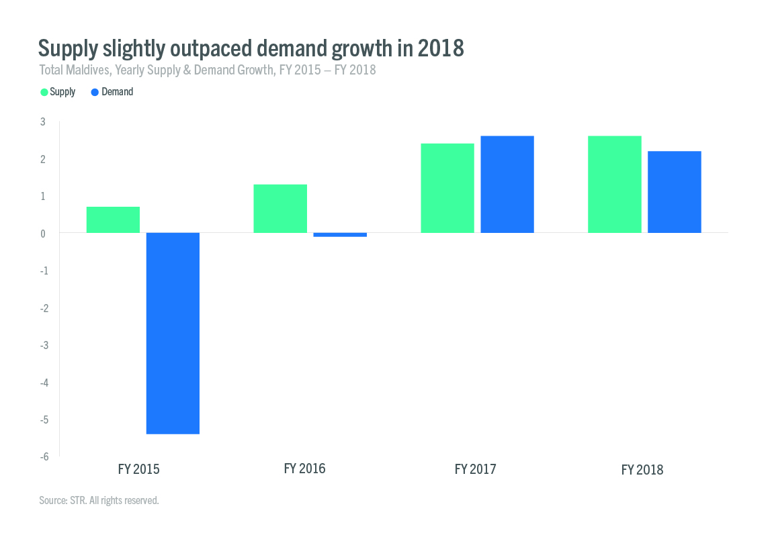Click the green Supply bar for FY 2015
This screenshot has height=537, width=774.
pyautogui.click(x=113, y=219)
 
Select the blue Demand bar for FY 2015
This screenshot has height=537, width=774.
pyautogui.click(x=173, y=333)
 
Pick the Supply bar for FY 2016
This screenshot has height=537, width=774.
pyautogui.click(x=280, y=208)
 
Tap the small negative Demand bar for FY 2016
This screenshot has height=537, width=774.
pyautogui.click(x=340, y=235)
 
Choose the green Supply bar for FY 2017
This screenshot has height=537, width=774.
pyautogui.click(x=447, y=188)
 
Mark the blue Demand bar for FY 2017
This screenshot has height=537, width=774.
pyautogui.click(x=507, y=185)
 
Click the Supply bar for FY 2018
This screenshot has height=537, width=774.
pyautogui.click(x=615, y=185)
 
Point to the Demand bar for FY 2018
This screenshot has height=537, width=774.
pyautogui.click(x=675, y=192)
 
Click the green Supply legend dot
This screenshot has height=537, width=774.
pyautogui.click(x=44, y=92)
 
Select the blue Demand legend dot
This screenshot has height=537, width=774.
pyautogui.click(x=95, y=92)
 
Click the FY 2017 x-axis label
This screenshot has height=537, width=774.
pyautogui.click(x=475, y=469)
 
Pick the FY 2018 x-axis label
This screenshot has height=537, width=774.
pyautogui.click(x=642, y=470)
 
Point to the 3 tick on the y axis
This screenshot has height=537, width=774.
pyautogui.click(x=42, y=121)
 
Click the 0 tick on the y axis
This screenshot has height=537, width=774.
pyautogui.click(x=42, y=234)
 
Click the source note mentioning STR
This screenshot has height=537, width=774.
pyautogui.click(x=99, y=500)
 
